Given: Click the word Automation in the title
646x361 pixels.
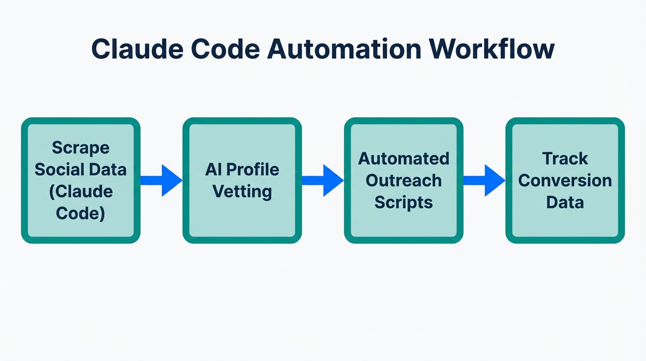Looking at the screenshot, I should pyautogui.click(x=344, y=49).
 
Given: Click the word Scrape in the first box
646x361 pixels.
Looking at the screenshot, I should pyautogui.click(x=81, y=148).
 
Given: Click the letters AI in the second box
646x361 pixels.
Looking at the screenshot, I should pyautogui.click(x=213, y=169).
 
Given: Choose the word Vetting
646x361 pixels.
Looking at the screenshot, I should pyautogui.click(x=242, y=191).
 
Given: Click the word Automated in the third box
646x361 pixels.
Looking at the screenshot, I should pyautogui.click(x=404, y=158).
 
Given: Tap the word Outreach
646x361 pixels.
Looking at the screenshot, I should pyautogui.click(x=404, y=180).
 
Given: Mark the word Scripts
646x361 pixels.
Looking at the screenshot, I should pyautogui.click(x=404, y=203).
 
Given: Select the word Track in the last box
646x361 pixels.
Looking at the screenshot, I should pyautogui.click(x=565, y=158).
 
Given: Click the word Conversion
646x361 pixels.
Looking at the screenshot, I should pyautogui.click(x=565, y=180).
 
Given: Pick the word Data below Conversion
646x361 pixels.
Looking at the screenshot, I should pyautogui.click(x=565, y=203).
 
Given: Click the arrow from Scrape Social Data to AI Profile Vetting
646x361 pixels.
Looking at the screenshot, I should pyautogui.click(x=161, y=180).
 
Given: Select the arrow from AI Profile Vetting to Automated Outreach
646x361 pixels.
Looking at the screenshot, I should pyautogui.click(x=323, y=180).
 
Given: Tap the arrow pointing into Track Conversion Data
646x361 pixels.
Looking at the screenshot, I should pyautogui.click(x=484, y=180).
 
